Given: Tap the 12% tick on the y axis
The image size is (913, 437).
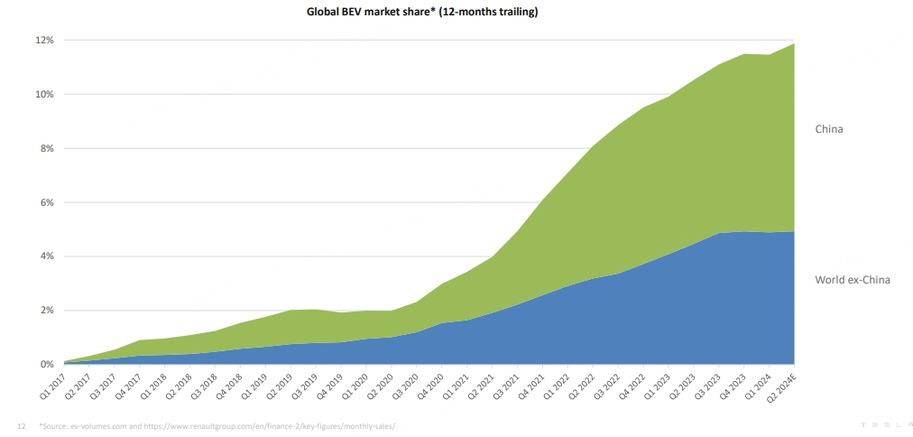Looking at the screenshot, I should (45, 41).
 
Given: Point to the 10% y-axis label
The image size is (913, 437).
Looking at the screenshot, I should (45, 95).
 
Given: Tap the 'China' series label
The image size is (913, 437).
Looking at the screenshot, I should (829, 130).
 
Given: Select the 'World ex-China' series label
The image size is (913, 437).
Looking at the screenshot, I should (853, 280).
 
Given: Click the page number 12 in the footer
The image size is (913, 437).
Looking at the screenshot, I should (22, 425).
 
